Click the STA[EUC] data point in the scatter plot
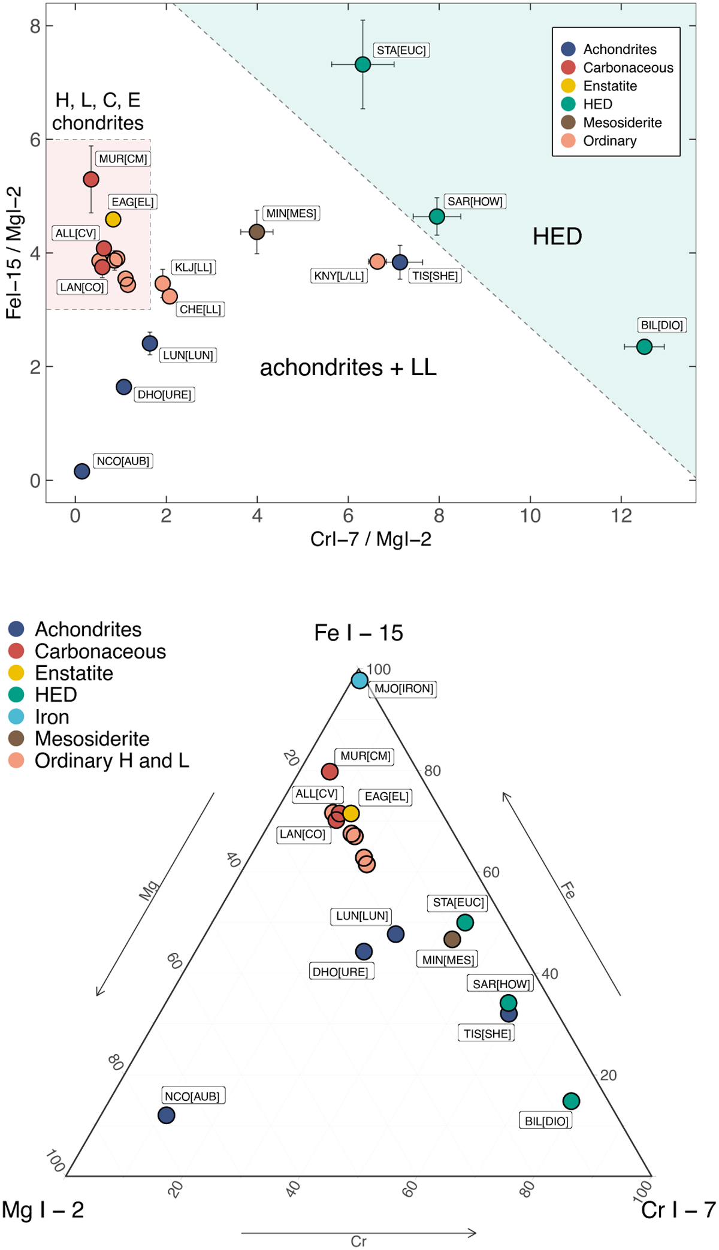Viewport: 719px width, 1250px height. (362, 64)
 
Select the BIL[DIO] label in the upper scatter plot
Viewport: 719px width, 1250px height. (661, 325)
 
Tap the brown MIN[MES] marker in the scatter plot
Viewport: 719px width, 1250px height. (257, 231)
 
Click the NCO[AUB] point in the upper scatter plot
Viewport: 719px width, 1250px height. (82, 472)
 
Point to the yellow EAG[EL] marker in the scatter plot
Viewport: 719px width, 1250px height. (113, 219)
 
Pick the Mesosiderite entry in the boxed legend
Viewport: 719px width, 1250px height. (622, 123)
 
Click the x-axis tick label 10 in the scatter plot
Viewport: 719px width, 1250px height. (530, 516)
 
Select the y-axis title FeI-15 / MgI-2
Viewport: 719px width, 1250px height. (14, 252)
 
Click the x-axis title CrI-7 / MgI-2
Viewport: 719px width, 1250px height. (370, 539)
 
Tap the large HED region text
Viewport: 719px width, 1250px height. (557, 237)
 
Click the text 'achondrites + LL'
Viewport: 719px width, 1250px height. (348, 367)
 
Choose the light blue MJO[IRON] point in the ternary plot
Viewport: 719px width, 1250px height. (359, 680)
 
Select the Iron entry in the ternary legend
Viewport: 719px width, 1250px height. (52, 717)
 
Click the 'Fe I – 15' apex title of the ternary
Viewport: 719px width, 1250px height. (358, 633)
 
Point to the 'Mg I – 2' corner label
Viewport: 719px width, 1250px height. (43, 1210)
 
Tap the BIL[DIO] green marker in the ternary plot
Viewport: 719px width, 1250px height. (571, 1101)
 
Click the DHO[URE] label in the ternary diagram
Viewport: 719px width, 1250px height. (340, 971)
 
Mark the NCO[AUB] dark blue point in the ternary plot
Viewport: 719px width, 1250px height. (167, 1115)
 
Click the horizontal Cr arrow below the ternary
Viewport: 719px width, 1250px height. (358, 1233)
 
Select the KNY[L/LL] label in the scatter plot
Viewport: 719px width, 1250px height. (339, 276)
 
